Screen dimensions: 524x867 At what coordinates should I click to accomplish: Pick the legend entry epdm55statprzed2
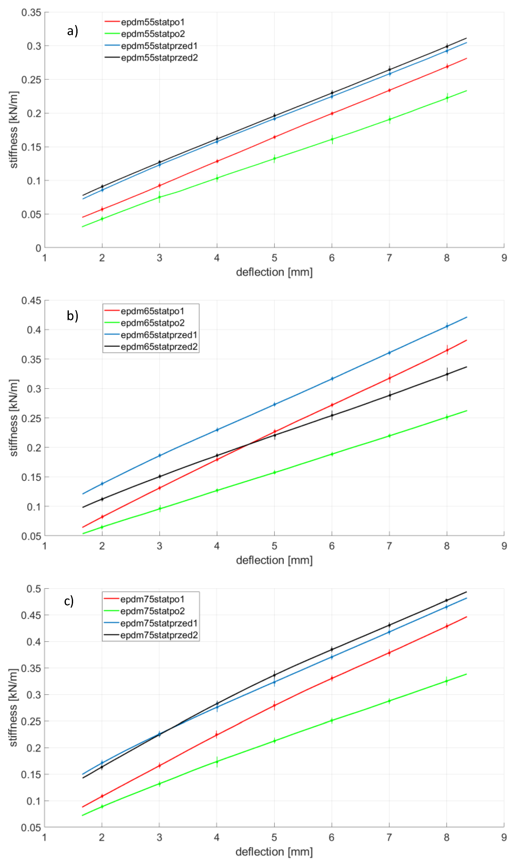[x=159, y=58]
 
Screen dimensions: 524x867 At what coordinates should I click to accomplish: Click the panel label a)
[x=72, y=31]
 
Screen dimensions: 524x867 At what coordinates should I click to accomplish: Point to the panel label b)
[x=72, y=316]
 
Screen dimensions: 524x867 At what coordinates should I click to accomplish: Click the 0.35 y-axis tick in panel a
[x=31, y=13]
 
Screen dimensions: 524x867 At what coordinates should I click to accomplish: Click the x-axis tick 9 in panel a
[x=504, y=258]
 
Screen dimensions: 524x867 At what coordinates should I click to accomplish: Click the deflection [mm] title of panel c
[x=274, y=852]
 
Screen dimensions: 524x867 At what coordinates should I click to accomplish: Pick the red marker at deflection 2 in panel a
[x=102, y=209]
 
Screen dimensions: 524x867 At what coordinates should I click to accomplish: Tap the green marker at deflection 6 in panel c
[x=331, y=721]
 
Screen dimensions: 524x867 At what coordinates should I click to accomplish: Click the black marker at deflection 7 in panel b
[x=389, y=395]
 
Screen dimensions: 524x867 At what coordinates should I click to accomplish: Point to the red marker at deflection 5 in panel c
[x=274, y=705]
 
